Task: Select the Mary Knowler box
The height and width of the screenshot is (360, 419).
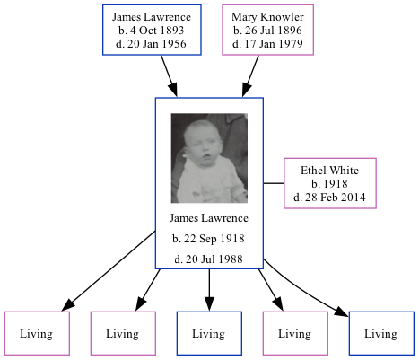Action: point(266,31)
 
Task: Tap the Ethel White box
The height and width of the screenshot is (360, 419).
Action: point(329,183)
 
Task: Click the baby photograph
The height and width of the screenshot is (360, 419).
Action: point(208,158)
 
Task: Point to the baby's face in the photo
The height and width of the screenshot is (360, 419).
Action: point(202,144)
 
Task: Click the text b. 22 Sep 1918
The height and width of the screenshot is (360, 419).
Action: point(208,239)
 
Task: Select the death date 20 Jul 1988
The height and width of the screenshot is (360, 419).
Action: point(208,259)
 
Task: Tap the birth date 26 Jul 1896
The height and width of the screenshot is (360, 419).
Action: point(266,31)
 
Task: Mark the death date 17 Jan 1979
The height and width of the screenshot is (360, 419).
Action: point(266,45)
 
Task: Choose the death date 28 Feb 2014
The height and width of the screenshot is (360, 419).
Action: point(329,197)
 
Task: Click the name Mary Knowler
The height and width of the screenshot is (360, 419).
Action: point(266,18)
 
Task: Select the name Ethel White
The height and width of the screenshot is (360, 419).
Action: point(329,170)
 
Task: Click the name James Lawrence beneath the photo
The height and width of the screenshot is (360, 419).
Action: point(208,218)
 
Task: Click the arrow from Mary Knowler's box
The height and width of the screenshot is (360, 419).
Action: point(252,75)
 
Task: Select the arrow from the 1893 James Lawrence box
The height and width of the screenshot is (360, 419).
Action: point(169,75)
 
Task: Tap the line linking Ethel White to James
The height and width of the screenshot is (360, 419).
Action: point(273,183)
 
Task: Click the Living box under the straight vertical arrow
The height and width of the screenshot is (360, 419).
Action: point(208,334)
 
